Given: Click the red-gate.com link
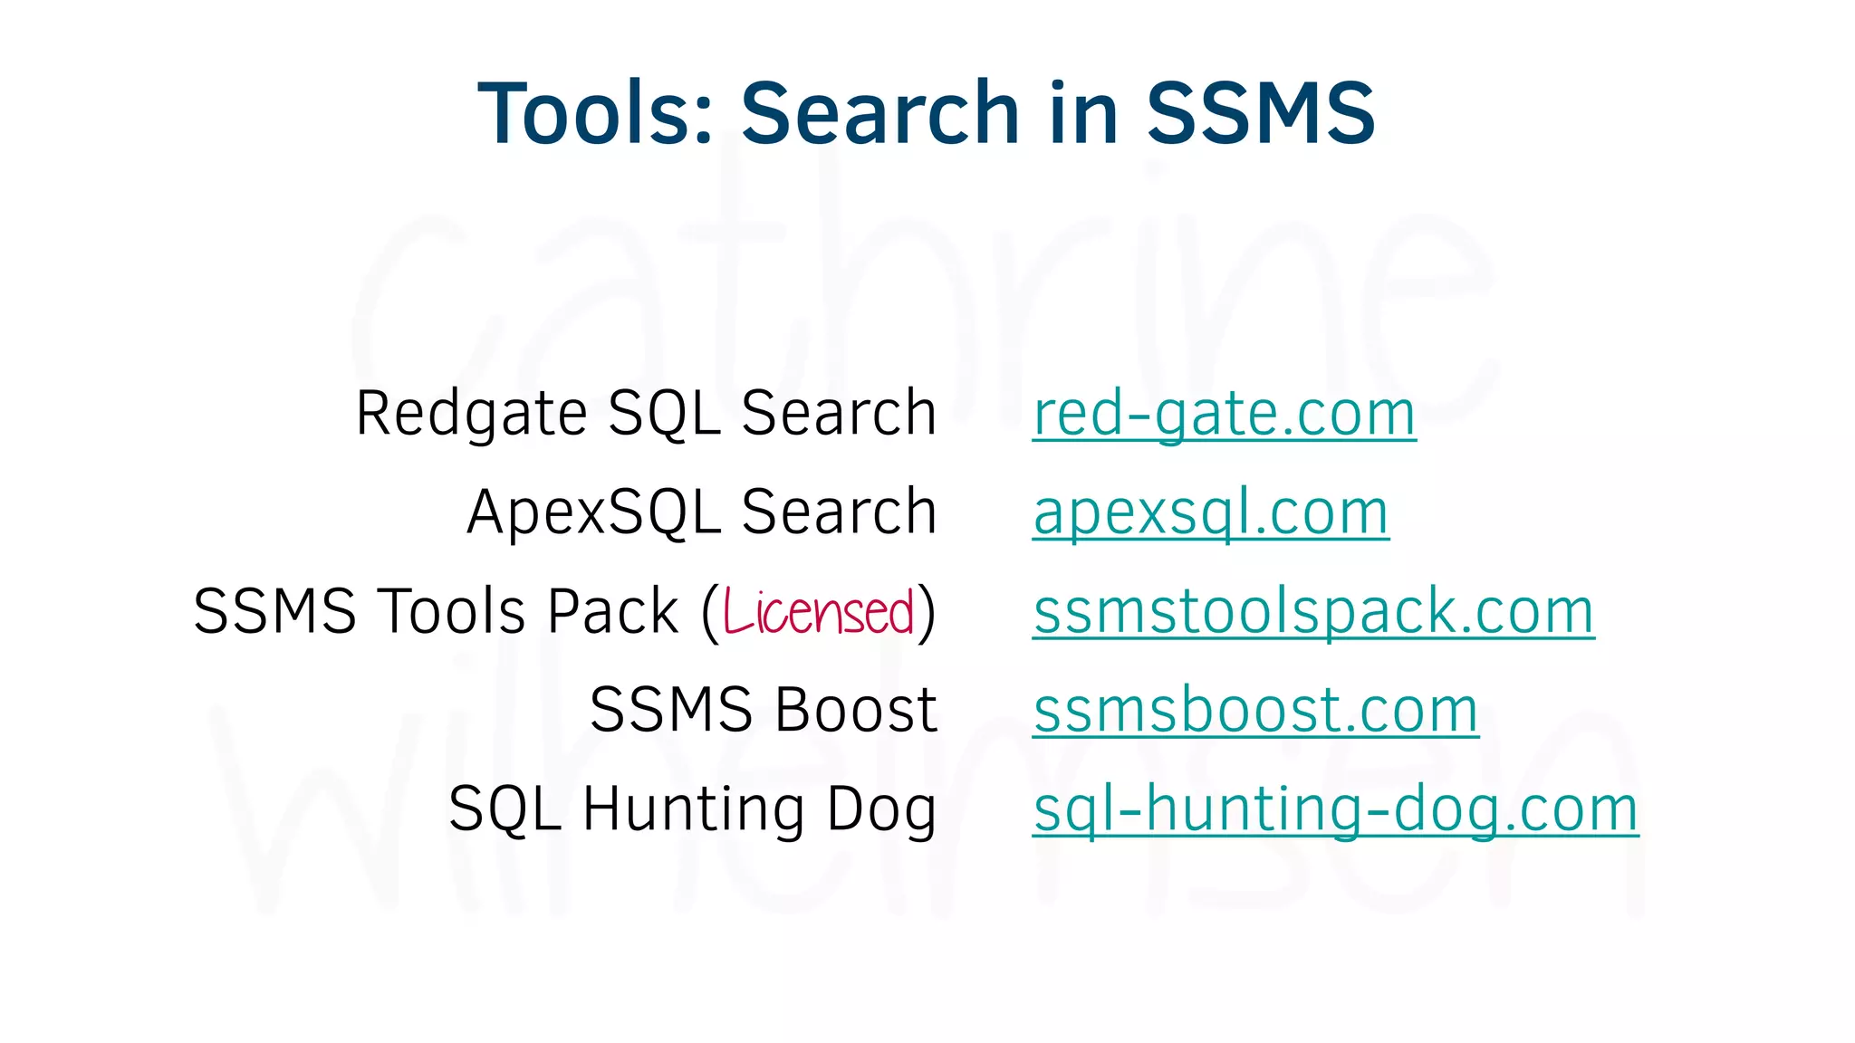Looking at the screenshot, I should point(1224,415).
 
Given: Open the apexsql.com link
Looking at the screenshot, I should point(1211,513).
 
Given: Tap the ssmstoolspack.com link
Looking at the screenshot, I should point(1313,612).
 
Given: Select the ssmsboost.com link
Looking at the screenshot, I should point(1255,711).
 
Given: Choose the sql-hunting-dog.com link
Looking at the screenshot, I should point(1336,809).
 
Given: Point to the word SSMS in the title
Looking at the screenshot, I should point(1261,113).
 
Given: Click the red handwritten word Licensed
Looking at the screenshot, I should point(819,612).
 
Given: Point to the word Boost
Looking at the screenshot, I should point(856,710).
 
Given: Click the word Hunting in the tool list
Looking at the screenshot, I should point(693,809).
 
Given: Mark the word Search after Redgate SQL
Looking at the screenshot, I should point(839,414).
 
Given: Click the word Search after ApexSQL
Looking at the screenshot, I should point(839,512).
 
